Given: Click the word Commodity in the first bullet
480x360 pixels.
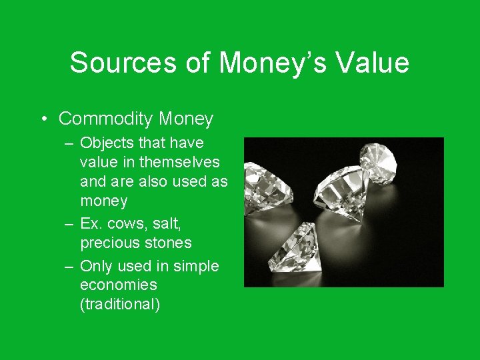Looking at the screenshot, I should [x=106, y=119].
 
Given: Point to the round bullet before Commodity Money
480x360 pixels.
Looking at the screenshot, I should [x=43, y=119].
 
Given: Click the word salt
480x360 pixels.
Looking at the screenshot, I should [x=166, y=223].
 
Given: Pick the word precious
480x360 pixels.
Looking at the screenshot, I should [x=112, y=243].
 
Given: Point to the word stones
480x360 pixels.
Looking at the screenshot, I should [x=170, y=243].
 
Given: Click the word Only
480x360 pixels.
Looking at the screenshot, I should [x=96, y=266].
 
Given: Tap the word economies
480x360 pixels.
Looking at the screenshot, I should [x=119, y=285].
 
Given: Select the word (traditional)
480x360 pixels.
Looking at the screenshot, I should [x=120, y=305].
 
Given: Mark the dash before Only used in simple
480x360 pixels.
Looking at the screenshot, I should [x=69, y=267].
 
